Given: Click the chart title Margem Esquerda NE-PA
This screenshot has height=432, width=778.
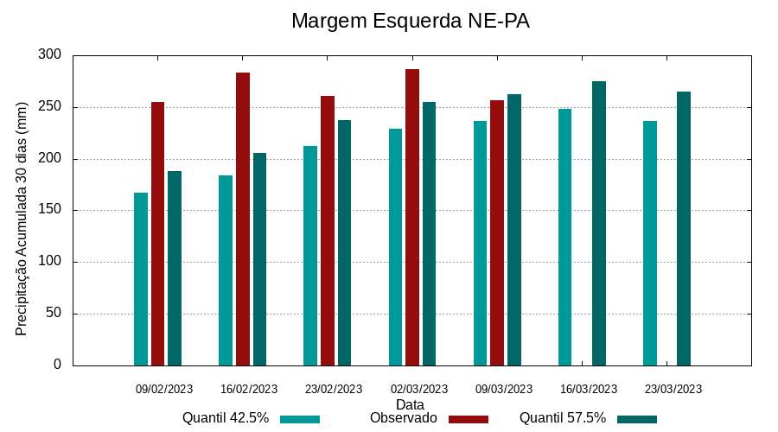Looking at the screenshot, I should pos(410,21).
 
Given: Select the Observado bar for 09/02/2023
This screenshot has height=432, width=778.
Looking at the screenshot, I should pos(157,233).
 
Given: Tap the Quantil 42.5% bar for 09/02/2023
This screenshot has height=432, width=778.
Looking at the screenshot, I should pos(141,278).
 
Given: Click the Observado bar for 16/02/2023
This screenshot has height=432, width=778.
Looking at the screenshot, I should pos(243,219).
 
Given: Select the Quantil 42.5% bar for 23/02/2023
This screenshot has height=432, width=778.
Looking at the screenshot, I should pos(310,256).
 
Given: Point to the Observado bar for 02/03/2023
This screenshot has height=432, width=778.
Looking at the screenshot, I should pos(412,217).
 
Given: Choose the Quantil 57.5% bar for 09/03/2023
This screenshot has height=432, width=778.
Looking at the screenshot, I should pos(514,230).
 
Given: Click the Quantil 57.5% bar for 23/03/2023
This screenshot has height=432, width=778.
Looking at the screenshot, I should pos(684,228).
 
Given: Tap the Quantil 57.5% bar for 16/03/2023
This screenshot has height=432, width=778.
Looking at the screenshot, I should pos(599,223).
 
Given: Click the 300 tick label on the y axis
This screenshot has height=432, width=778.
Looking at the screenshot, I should pos(50,55).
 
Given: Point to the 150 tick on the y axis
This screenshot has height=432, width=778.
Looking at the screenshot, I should pos(50,210).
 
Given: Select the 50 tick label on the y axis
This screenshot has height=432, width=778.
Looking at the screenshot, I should pos(54,313).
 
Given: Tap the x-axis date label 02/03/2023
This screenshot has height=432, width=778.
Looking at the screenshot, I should pos(418,389).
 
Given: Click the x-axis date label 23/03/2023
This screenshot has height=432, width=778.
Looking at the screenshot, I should pos(673,389).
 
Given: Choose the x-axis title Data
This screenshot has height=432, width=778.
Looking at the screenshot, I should pos(410,403).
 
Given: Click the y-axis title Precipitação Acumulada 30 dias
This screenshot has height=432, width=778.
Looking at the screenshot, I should pos(22,218).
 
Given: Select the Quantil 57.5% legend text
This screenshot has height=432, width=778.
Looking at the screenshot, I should pos(562,418).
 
